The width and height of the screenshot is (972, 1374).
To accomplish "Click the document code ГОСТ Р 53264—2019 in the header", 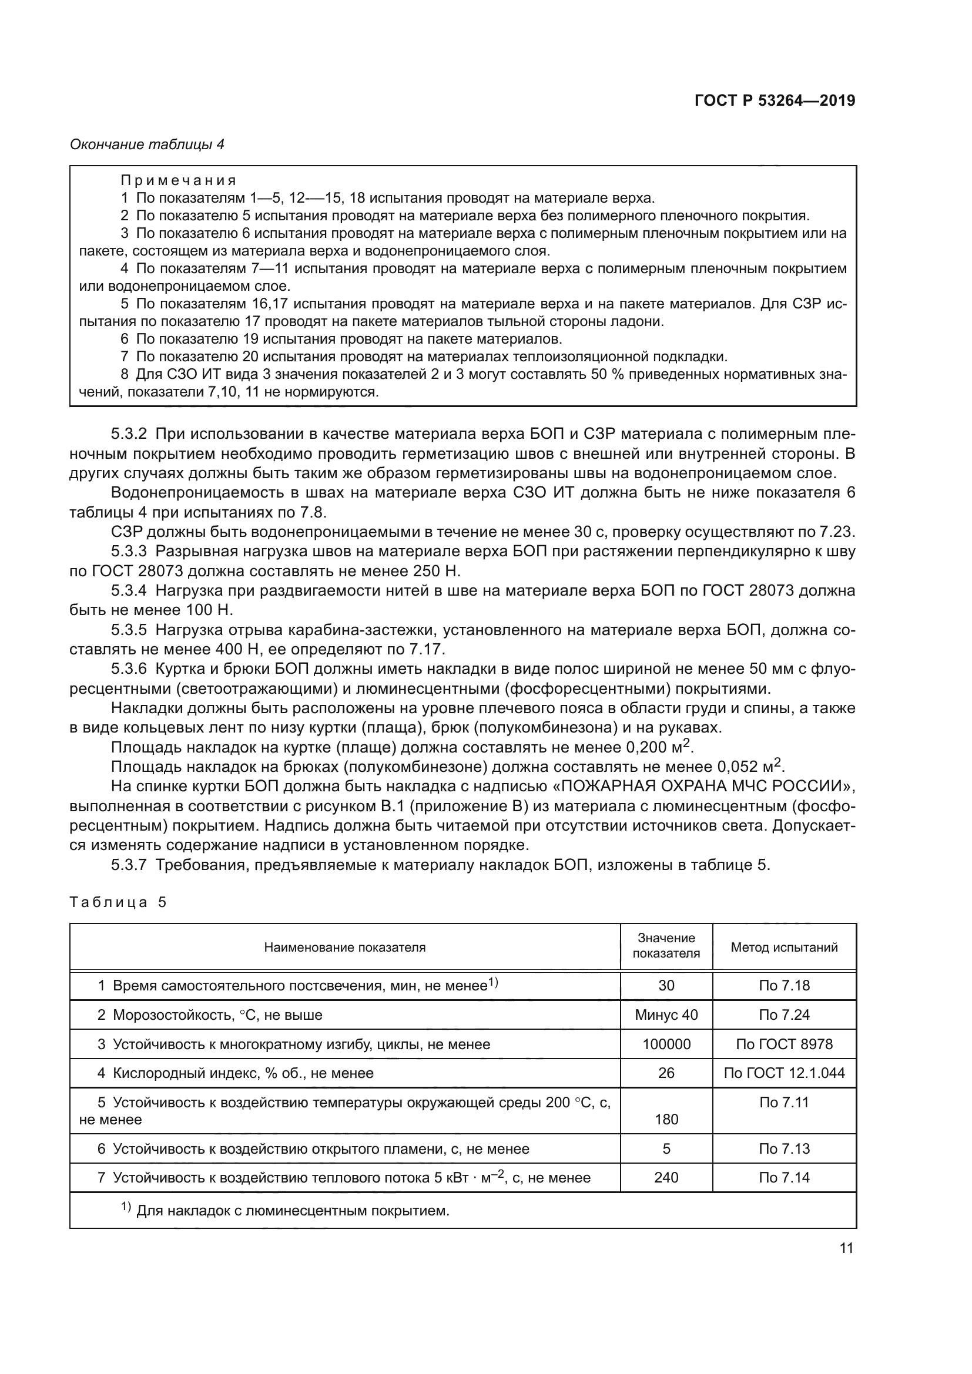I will [775, 100].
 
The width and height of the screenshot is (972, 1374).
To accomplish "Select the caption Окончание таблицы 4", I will [148, 145].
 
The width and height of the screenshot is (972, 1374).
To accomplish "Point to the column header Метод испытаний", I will [783, 948].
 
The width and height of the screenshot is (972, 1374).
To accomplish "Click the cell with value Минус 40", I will [666, 1015].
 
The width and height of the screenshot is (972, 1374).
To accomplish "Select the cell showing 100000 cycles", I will [666, 1044].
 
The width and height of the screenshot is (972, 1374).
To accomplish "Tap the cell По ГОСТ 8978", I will [783, 1044].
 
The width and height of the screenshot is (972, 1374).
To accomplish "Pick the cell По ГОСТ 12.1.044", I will [783, 1073].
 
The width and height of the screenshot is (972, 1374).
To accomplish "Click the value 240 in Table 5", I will [666, 1178].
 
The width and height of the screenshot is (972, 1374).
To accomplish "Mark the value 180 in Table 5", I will [666, 1119].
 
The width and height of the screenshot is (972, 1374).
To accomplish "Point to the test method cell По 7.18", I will [783, 986].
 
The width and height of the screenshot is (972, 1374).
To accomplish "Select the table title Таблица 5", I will [118, 902].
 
